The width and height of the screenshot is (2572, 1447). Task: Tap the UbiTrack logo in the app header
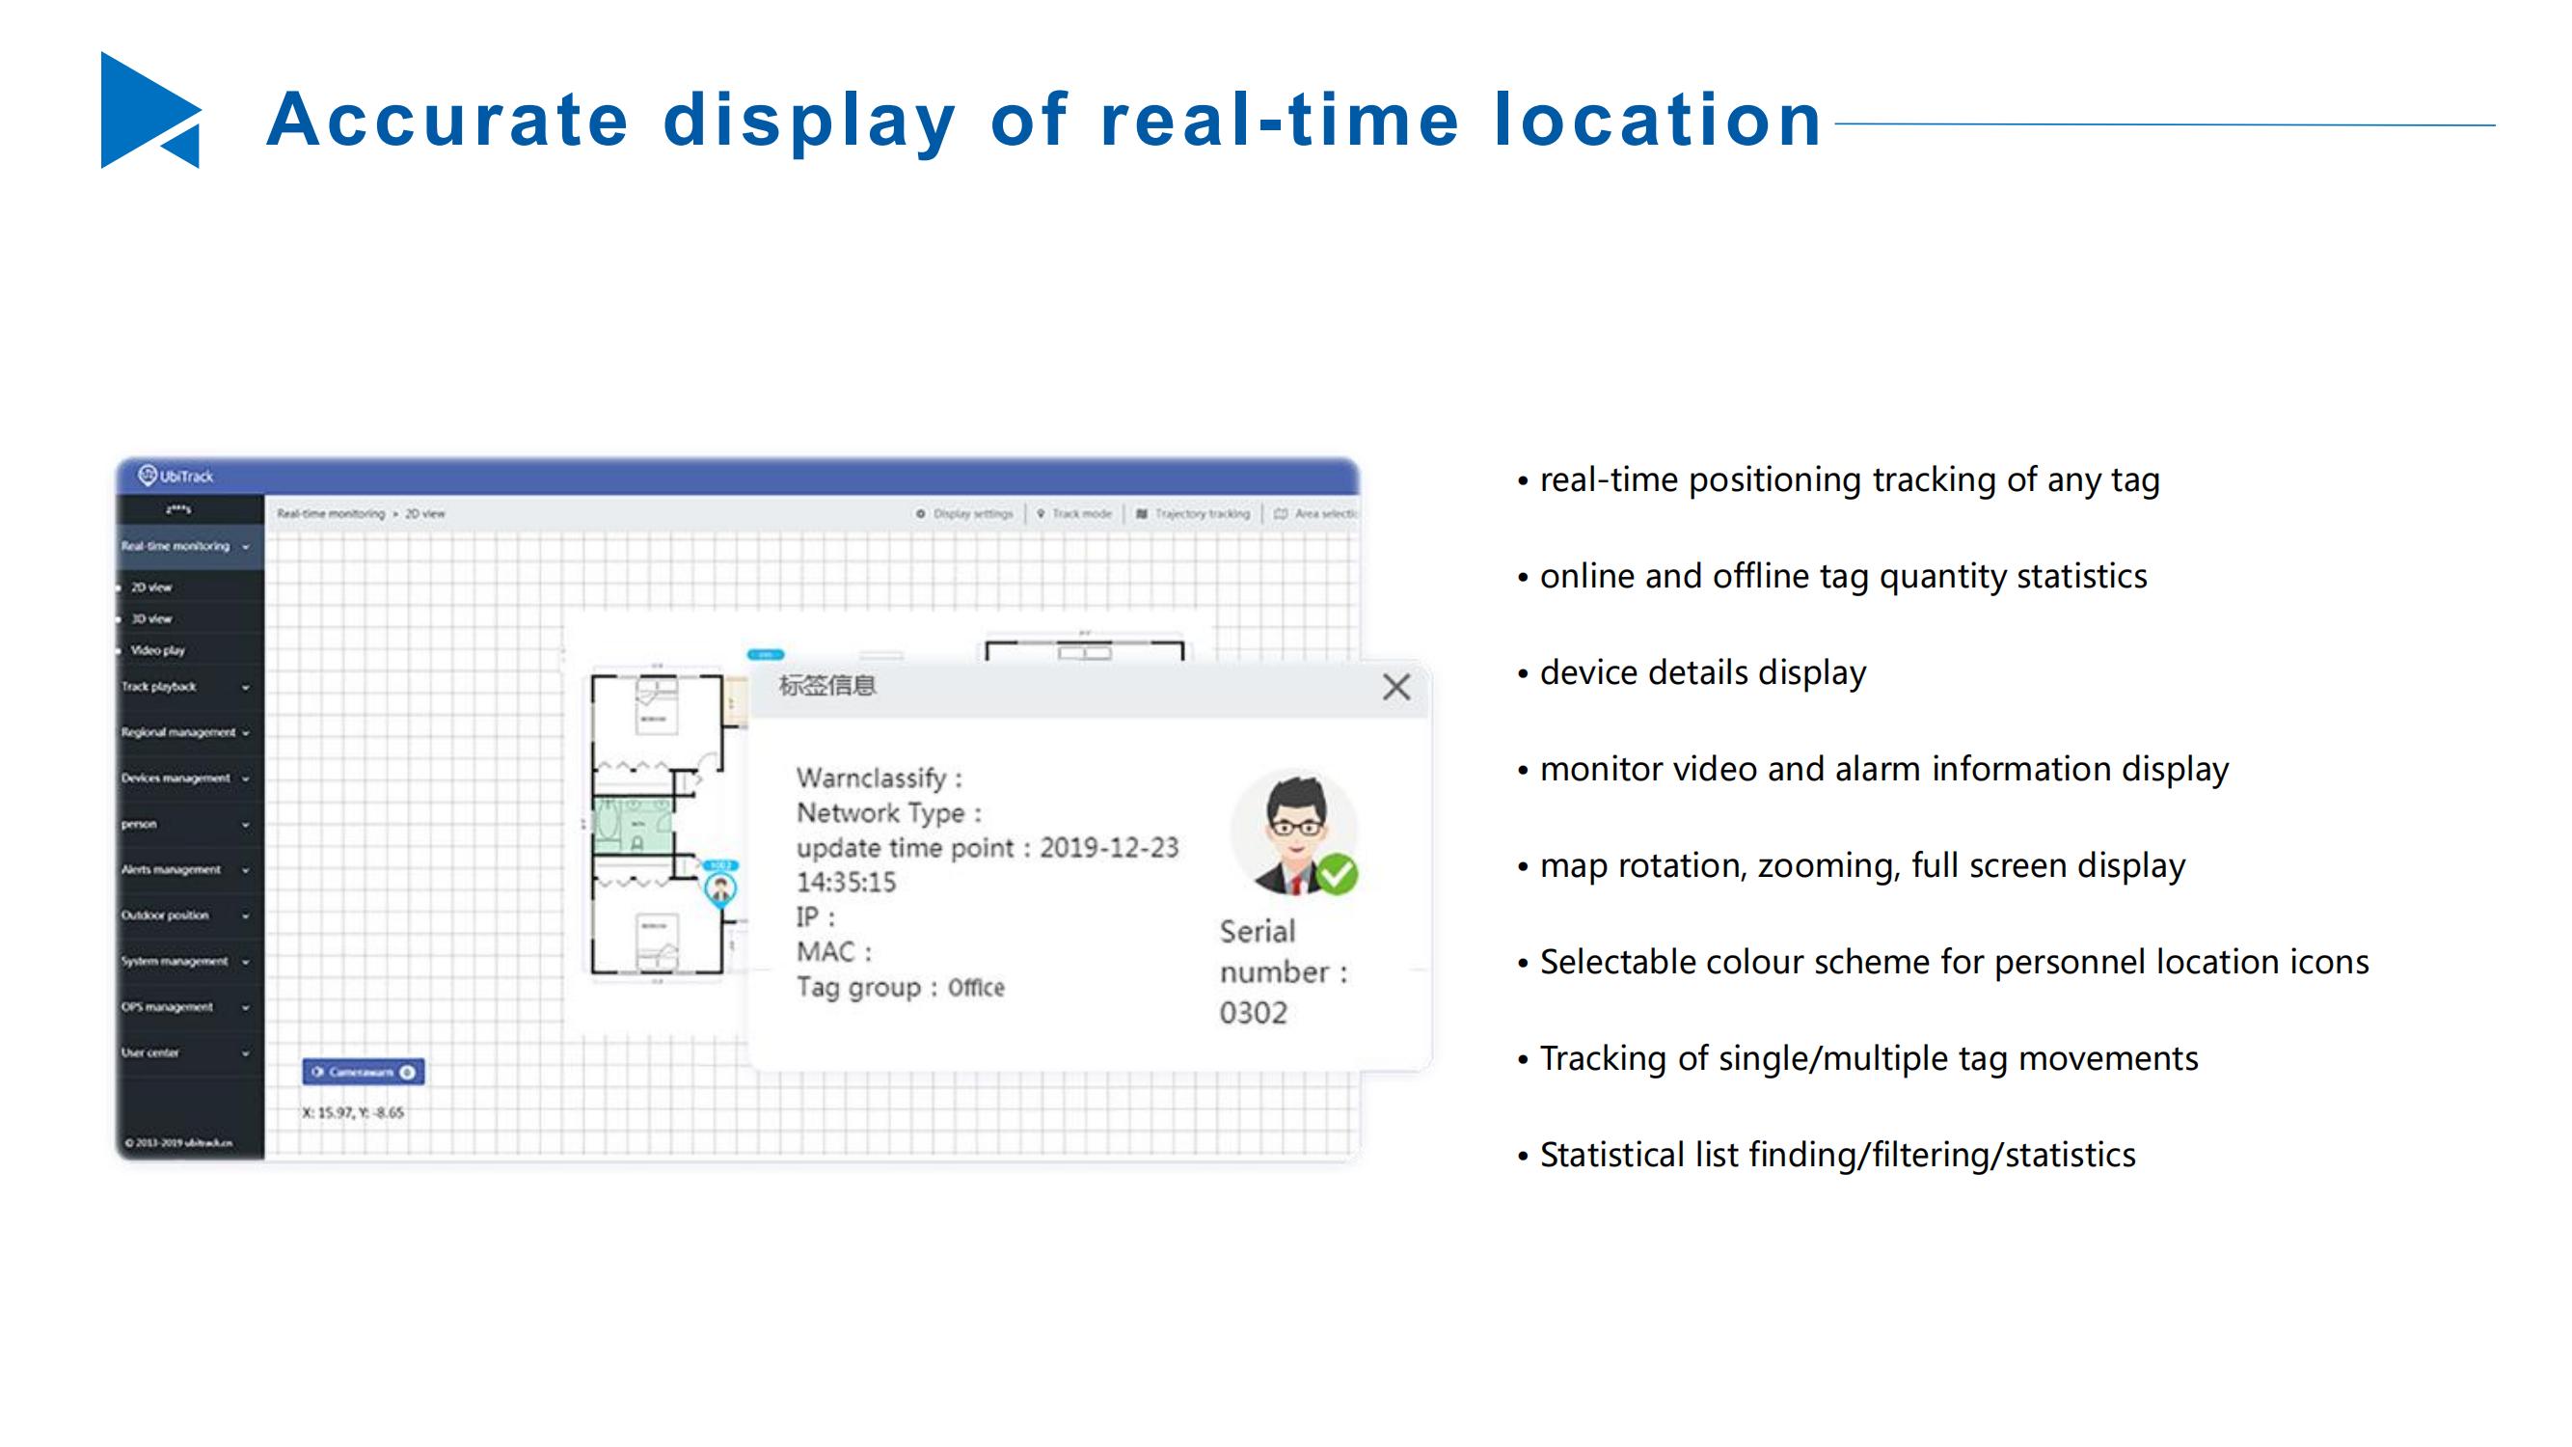tap(176, 476)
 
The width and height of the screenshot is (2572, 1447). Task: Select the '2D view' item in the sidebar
tap(151, 587)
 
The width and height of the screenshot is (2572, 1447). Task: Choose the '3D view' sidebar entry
tap(151, 619)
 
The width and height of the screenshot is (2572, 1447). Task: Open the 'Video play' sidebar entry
tap(158, 650)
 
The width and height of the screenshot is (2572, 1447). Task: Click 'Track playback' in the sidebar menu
tap(160, 687)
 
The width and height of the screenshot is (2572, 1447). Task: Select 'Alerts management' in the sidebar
tap(172, 870)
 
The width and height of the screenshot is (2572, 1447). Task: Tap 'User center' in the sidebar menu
tap(150, 1052)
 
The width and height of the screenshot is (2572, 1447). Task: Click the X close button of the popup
tap(1395, 687)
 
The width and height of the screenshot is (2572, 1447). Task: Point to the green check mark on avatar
tap(1336, 874)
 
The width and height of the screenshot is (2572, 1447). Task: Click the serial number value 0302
tap(1253, 1013)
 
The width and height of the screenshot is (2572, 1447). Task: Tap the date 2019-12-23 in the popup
tap(1109, 848)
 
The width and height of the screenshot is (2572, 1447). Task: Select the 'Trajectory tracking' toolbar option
tap(1201, 514)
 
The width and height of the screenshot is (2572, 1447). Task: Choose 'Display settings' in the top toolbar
tap(972, 514)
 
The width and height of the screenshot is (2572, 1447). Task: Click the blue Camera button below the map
tap(364, 1072)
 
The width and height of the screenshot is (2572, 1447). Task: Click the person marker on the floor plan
tap(719, 887)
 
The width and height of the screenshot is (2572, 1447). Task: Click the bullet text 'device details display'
tap(1702, 673)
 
